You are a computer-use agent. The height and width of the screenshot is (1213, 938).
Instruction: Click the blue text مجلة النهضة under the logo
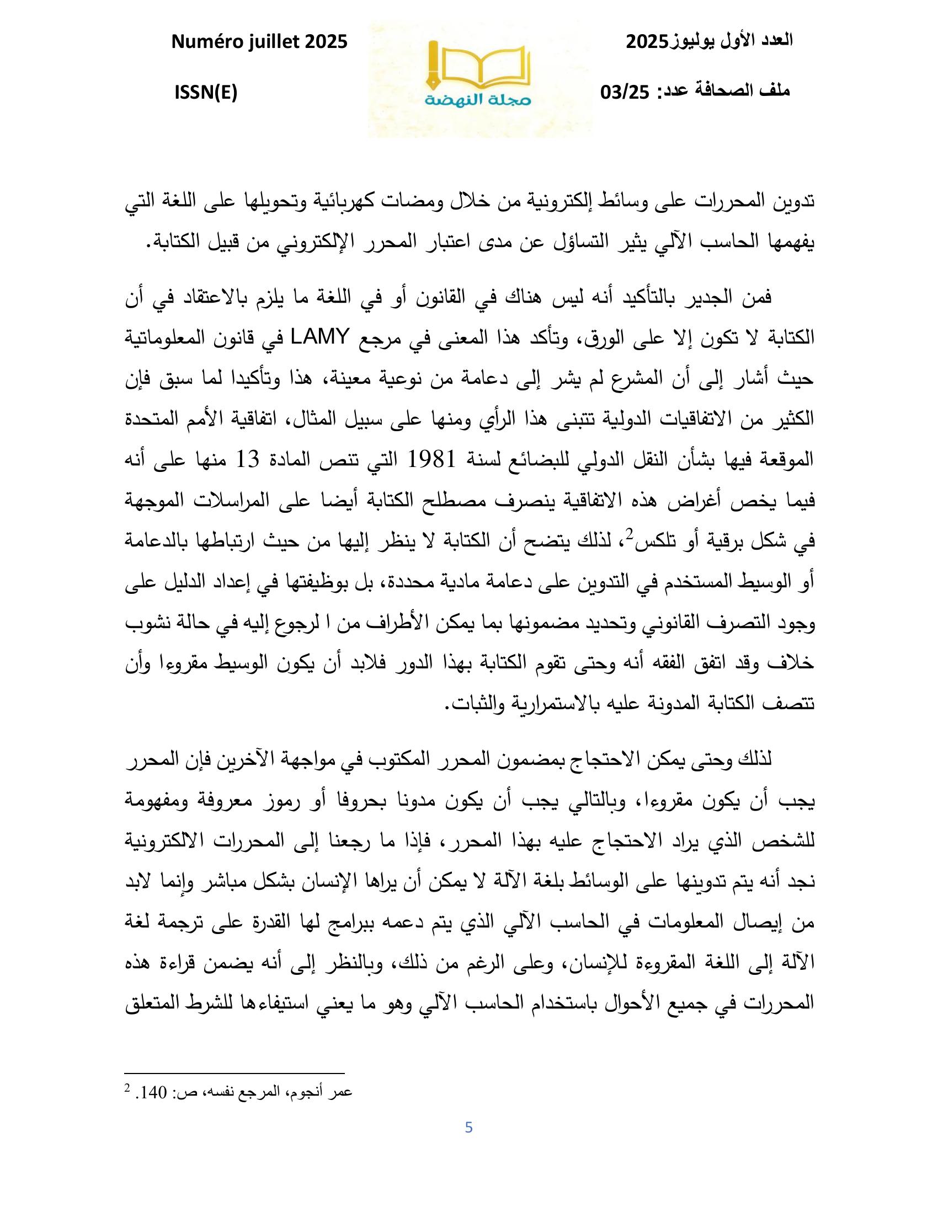point(479,100)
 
